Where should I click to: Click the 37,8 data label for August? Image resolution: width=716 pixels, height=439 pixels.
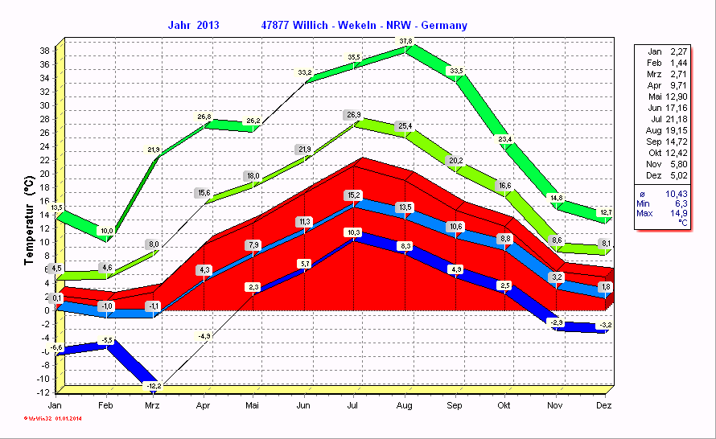pyautogui.click(x=405, y=41)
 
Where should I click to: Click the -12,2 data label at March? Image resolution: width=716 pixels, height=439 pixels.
pyautogui.click(x=154, y=386)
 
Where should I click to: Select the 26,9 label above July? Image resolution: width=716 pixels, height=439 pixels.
pyautogui.click(x=352, y=115)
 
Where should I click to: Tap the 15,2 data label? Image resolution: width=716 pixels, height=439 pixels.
pyautogui.click(x=353, y=195)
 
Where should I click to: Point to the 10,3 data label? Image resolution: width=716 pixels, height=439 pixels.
pyautogui.click(x=353, y=232)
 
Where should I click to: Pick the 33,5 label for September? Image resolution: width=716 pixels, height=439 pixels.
pyautogui.click(x=456, y=71)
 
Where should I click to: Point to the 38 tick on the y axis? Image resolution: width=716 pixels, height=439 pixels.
pyautogui.click(x=46, y=50)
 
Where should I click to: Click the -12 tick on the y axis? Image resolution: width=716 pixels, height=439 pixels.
pyautogui.click(x=44, y=392)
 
